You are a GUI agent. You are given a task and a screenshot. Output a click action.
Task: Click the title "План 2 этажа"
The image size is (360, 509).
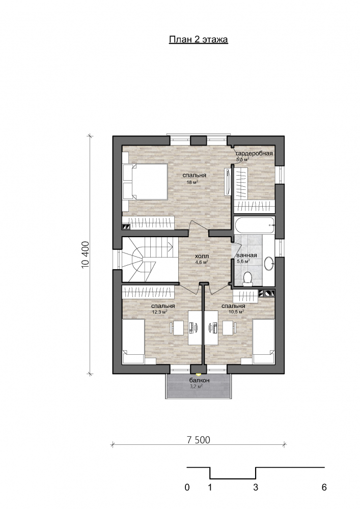tap(199, 39)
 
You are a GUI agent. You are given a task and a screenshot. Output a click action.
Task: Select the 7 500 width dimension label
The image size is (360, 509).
tap(199, 440)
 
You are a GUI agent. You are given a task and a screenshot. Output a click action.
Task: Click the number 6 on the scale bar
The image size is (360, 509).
tap(324, 487)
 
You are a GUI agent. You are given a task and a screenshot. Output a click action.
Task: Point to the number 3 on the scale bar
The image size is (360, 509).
tap(256, 487)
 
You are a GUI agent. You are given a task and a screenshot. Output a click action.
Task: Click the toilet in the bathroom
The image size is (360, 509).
tap(247, 279)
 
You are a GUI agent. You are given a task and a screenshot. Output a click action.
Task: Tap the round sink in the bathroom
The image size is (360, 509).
tap(269, 263)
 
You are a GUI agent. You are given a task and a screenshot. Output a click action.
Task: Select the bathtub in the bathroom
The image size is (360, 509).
tap(255, 225)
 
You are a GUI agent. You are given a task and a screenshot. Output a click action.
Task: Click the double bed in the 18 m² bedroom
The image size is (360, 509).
tap(145, 182)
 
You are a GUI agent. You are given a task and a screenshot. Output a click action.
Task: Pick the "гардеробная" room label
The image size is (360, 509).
tap(254, 154)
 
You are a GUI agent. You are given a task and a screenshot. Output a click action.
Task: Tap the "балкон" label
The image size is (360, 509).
tap(199, 380)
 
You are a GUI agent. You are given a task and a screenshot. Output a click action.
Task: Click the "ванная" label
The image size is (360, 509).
tap(247, 255)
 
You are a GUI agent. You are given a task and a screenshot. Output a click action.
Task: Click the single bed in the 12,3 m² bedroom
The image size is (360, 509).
tap(133, 341)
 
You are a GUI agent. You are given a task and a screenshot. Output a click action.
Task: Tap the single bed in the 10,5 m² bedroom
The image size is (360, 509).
tap(264, 341)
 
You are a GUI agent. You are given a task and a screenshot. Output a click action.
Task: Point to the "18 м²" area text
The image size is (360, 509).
tap(192, 182)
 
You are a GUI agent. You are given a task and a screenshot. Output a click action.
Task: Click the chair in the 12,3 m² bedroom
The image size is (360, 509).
tap(177, 328)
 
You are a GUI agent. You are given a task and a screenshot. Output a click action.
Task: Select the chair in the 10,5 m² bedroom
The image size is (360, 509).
tap(229, 328)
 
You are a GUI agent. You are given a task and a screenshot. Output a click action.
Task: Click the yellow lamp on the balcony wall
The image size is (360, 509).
tap(199, 374)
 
